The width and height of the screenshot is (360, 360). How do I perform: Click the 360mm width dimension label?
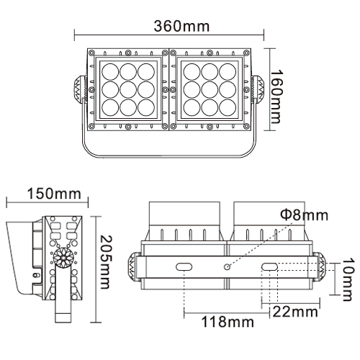pos(181,26)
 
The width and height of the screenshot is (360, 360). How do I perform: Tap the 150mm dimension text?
pos(54,194)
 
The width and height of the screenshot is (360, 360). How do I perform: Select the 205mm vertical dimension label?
pos(106,262)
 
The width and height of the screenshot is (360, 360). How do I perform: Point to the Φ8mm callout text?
pos(304,215)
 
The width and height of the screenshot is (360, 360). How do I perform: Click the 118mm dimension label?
pos(228,322)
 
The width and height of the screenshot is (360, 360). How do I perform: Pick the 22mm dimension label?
pos(295,312)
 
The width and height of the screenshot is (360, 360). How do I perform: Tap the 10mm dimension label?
pos(348,279)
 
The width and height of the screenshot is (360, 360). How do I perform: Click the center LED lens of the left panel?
pos(128,90)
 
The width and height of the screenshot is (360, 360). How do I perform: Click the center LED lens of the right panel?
pos(210,90)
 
